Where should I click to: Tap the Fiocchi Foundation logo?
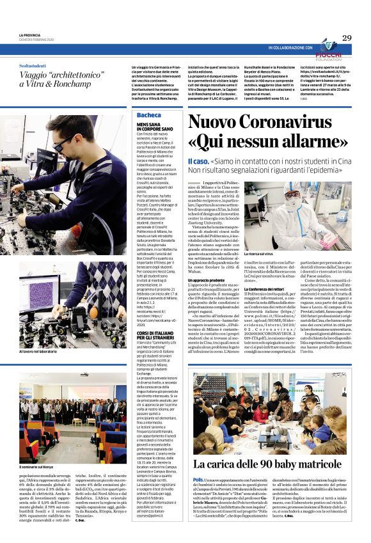click(x=329, y=47)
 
